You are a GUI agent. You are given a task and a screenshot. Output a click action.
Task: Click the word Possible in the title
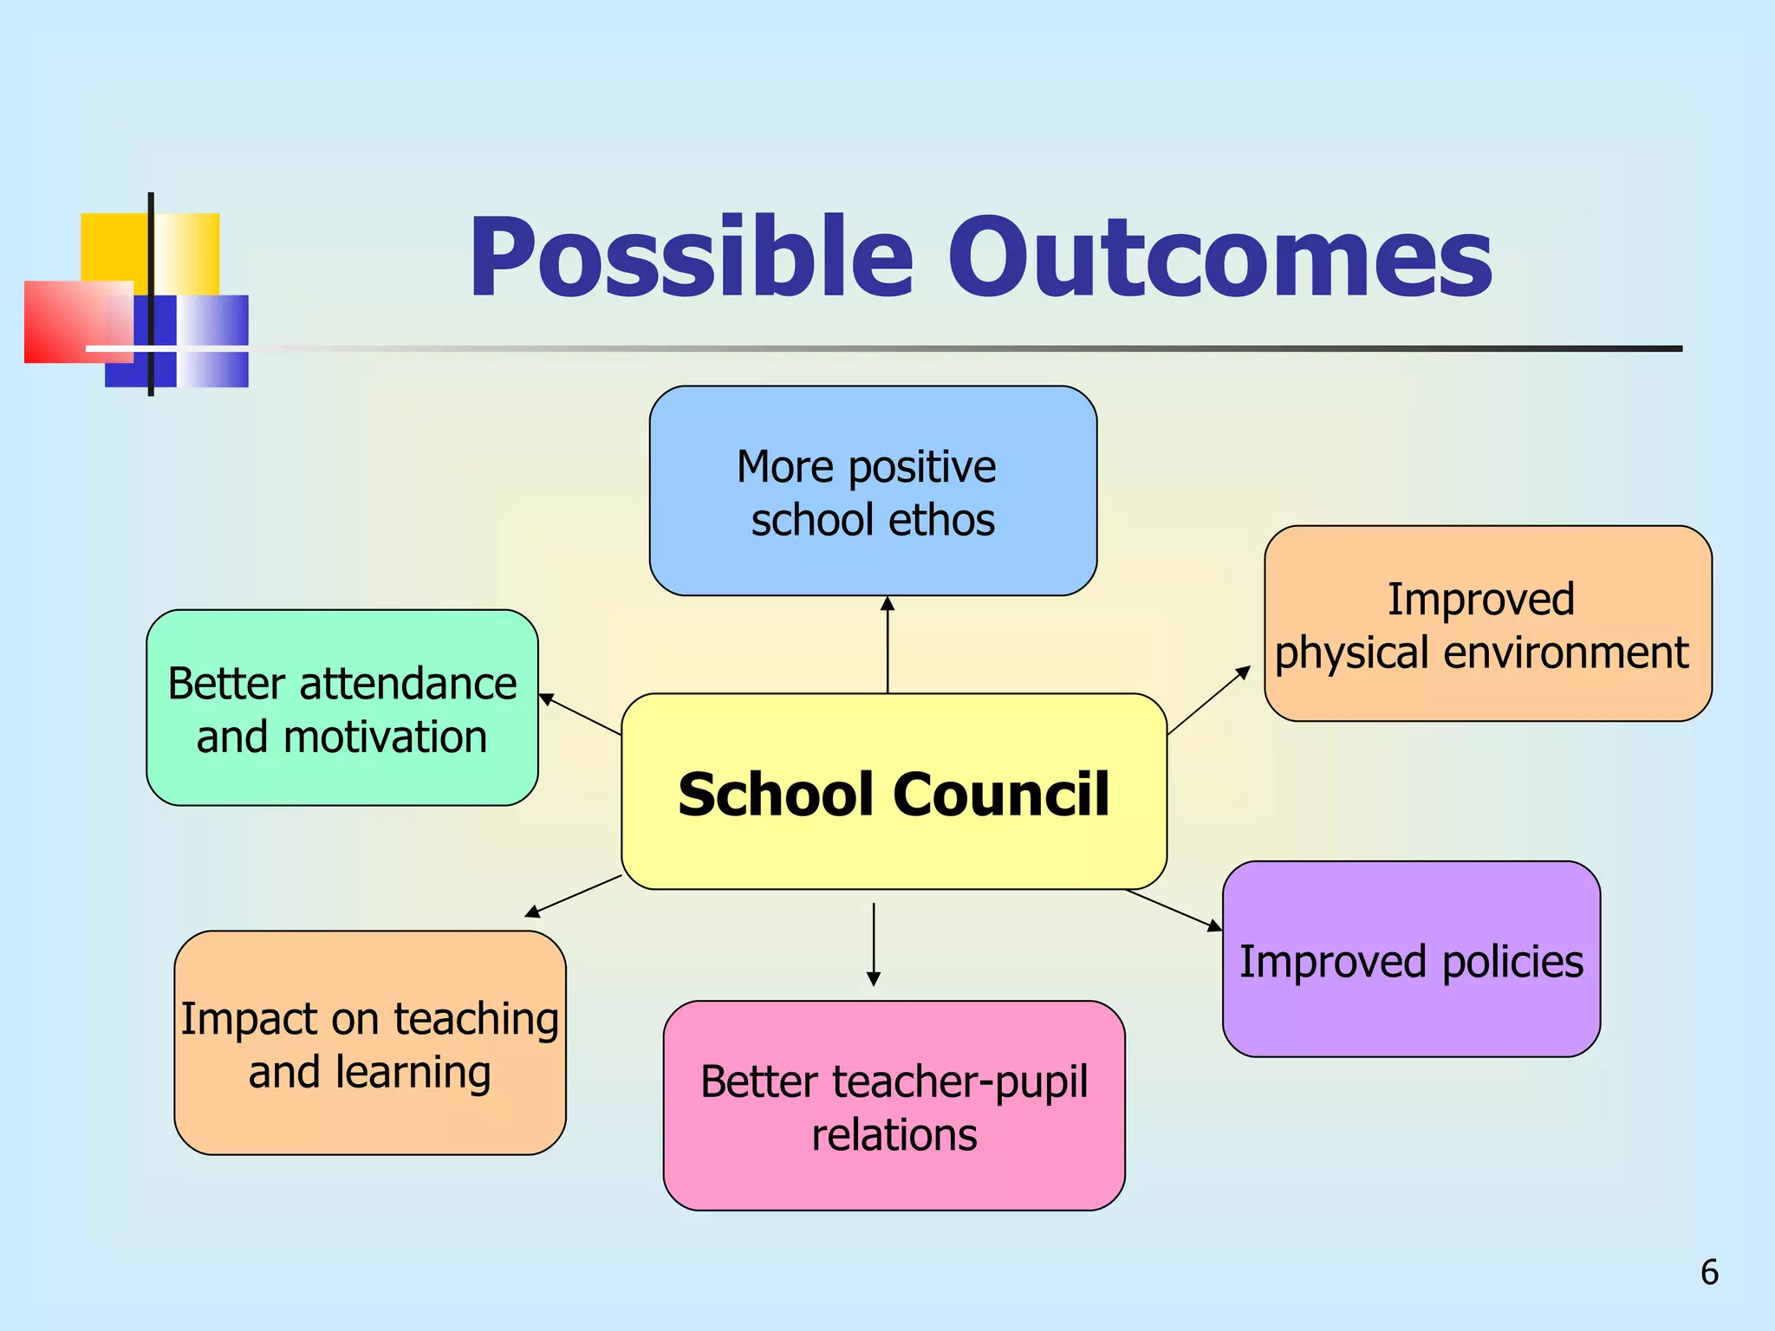[691, 258]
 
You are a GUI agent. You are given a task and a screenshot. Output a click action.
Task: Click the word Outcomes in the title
[1219, 258]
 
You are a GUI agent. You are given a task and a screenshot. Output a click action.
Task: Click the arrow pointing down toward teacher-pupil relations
[874, 945]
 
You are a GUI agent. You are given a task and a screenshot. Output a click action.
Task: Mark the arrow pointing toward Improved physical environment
[1209, 700]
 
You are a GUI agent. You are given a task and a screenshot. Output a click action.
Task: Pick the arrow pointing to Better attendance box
[579, 714]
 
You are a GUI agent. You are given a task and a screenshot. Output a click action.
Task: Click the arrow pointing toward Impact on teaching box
[573, 896]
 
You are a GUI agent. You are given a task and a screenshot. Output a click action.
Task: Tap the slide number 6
[1709, 1272]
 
